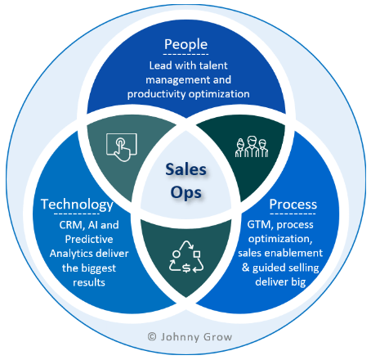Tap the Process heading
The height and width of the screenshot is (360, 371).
coord(293,204)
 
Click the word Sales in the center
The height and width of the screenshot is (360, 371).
coord(185,169)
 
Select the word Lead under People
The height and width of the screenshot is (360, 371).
coord(159,65)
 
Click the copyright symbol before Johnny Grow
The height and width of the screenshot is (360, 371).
coord(151,335)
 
